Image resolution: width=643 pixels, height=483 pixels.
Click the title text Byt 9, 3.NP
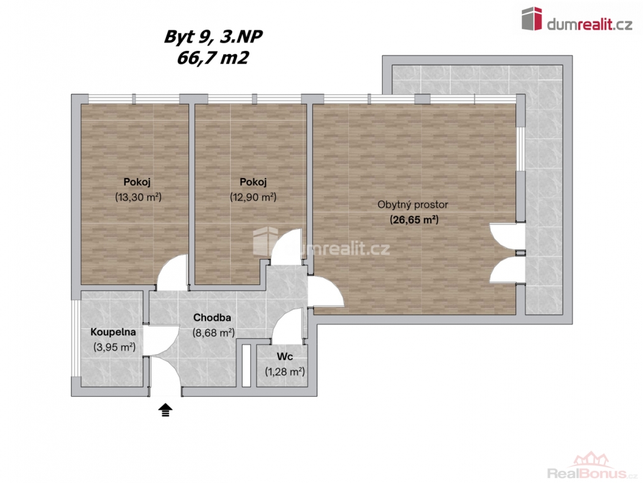[213, 37]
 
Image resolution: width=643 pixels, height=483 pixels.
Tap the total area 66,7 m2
[212, 58]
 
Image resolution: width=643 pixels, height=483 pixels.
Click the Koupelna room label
[113, 332]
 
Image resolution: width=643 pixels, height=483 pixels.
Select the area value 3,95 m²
[114, 347]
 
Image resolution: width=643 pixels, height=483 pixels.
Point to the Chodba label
[212, 318]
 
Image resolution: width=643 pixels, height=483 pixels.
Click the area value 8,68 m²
[214, 333]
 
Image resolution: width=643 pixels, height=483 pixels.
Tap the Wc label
[285, 357]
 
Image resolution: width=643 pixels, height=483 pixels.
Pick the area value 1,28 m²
[285, 372]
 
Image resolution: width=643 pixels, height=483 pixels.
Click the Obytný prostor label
[412, 205]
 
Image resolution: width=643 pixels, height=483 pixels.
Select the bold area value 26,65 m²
[414, 220]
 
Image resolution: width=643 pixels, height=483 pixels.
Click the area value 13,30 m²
[138, 197]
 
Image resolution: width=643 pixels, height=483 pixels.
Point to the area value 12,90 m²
[253, 197]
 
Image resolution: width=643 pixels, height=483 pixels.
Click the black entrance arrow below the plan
[165, 409]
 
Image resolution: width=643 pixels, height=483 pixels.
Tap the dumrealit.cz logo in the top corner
[576, 19]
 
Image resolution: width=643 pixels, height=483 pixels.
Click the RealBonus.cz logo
[592, 466]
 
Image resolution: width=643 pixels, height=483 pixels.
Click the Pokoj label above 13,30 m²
[137, 182]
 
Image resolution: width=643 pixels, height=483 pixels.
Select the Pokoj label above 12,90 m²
[253, 182]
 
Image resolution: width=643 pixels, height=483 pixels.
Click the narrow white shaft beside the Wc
[246, 365]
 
